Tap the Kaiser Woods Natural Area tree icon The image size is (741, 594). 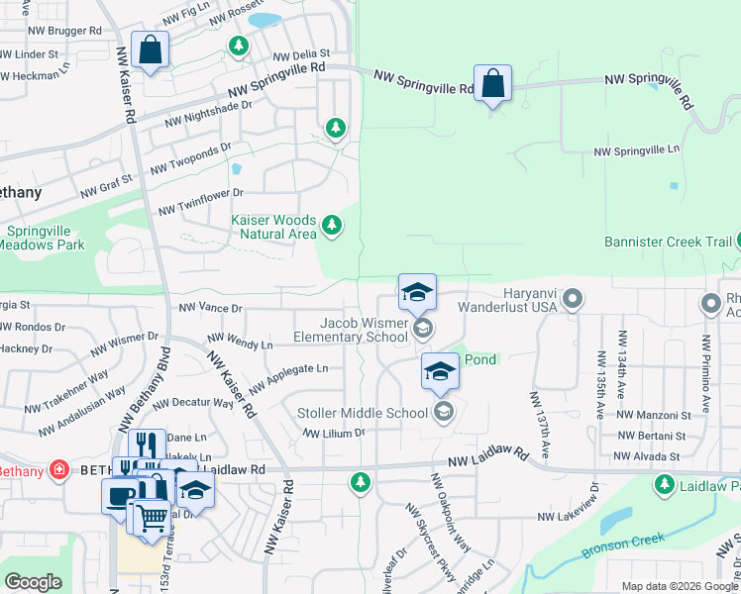pyautogui.click(x=333, y=227)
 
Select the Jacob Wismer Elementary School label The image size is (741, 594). pyautogui.click(x=351, y=330)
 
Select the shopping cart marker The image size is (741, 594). pyautogui.click(x=152, y=517)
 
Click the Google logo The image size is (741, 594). pyautogui.click(x=33, y=582)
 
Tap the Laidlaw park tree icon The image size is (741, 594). pyautogui.click(x=664, y=485)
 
